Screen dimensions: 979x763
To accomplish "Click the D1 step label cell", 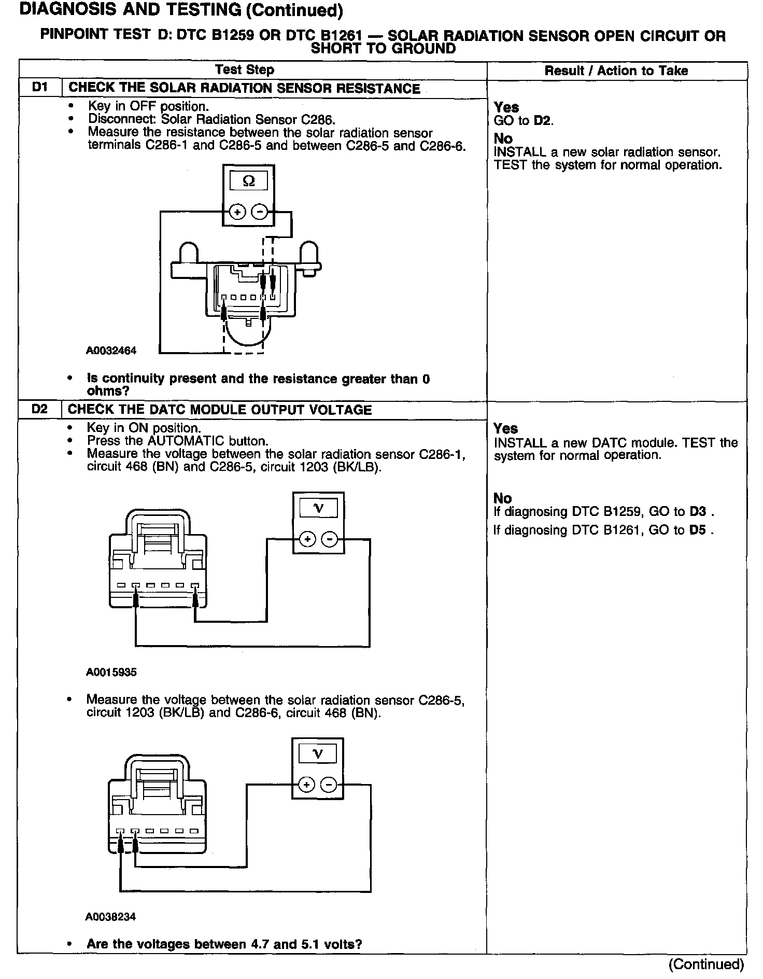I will click(40, 88).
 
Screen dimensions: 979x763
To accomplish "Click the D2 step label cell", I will click(39, 409).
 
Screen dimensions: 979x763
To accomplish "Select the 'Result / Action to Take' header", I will click(616, 71).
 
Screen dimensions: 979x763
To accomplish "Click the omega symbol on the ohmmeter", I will click(249, 181).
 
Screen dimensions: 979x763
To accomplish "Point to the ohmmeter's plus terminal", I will click(237, 212).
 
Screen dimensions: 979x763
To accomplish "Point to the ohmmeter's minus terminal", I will click(260, 212).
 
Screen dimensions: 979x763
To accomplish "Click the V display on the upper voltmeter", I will click(318, 508).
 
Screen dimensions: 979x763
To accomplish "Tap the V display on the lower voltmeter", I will click(318, 754).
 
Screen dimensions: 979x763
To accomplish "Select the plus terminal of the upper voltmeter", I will click(307, 539).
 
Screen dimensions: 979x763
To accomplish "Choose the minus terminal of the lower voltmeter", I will click(329, 785).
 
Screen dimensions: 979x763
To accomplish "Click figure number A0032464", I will click(111, 351).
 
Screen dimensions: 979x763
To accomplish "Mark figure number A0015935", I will click(111, 672).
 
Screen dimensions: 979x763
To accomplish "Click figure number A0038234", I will click(110, 917).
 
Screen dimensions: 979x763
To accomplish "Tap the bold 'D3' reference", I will click(698, 512).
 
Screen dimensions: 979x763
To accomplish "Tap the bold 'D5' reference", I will click(698, 530).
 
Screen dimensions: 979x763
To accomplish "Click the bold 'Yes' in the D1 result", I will click(506, 107).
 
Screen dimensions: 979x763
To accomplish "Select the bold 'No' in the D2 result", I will click(502, 498).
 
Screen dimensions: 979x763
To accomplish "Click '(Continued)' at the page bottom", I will click(706, 964).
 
